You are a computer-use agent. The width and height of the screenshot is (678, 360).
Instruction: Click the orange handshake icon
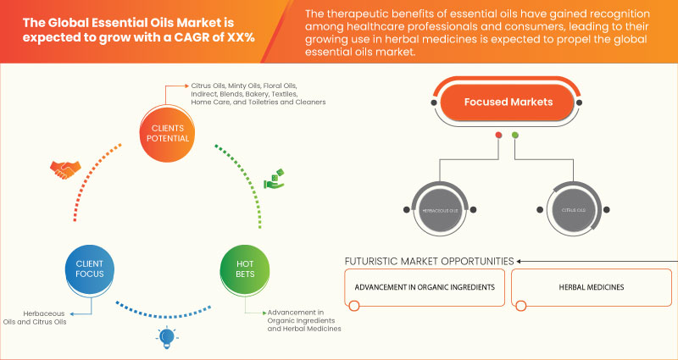[64, 170]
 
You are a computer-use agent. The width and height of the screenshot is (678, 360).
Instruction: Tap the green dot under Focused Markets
[515, 136]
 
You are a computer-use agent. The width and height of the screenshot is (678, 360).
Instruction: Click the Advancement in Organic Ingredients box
[425, 287]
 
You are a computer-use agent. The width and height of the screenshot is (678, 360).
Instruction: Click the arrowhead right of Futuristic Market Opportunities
[520, 260]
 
